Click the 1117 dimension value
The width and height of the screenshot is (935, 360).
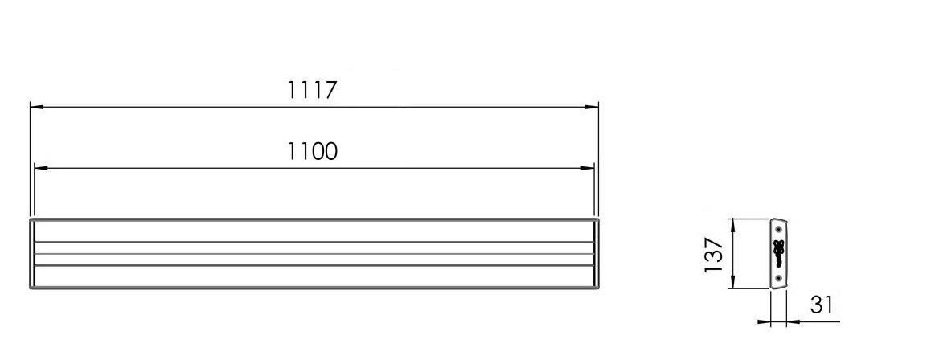click(x=312, y=89)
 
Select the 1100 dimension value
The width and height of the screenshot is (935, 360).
click(x=312, y=151)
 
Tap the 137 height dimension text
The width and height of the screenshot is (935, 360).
click(x=714, y=254)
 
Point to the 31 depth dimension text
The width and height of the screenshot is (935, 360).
click(x=821, y=305)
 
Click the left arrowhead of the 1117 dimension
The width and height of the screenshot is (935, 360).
click(x=36, y=106)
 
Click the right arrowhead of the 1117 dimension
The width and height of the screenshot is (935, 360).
click(x=593, y=106)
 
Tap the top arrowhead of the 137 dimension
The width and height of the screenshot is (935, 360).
click(x=732, y=224)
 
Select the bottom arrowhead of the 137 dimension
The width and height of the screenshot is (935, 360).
click(x=732, y=284)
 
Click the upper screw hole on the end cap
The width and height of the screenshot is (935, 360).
click(x=778, y=230)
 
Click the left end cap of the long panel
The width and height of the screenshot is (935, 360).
click(x=32, y=253)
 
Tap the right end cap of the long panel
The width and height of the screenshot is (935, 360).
click(x=597, y=253)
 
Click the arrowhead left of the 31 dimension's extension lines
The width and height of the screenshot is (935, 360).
click(x=764, y=322)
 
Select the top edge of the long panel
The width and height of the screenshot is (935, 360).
click(x=314, y=219)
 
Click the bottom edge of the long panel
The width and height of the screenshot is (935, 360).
click(x=314, y=288)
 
